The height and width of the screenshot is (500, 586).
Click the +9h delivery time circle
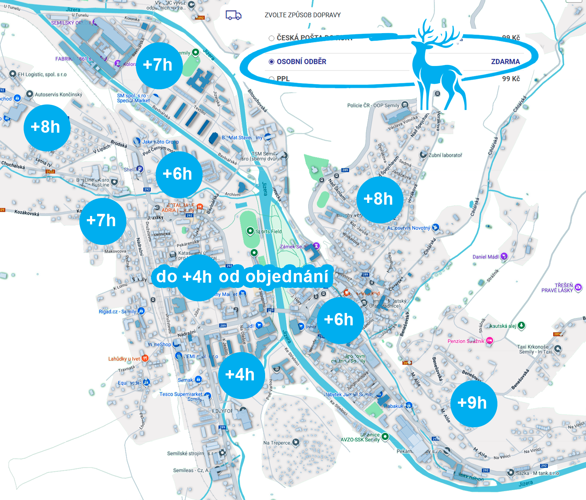[474, 403]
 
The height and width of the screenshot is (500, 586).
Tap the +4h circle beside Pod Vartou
[241, 375]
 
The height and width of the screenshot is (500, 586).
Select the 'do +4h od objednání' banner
[242, 276]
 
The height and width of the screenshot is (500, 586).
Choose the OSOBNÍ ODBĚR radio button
[271, 62]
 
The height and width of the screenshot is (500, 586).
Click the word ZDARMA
[505, 62]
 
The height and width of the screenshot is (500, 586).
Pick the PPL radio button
[271, 79]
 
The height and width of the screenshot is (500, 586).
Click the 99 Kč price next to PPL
[511, 79]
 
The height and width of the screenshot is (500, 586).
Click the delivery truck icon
[233, 15]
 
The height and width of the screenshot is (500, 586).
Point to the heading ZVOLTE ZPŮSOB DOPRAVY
[303, 15]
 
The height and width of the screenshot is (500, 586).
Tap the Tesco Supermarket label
[181, 394]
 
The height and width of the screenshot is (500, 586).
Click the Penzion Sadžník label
[466, 341]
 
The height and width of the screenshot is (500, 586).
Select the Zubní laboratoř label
[445, 155]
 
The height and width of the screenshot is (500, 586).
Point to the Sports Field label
[269, 231]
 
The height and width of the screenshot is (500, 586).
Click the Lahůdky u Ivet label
[124, 359]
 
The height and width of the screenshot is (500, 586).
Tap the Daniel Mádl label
[485, 257]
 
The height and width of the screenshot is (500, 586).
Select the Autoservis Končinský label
[58, 95]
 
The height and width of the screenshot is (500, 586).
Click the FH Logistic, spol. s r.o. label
[42, 74]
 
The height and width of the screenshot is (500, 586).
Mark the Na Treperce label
[277, 443]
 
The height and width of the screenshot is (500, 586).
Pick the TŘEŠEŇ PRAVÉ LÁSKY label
[557, 288]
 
